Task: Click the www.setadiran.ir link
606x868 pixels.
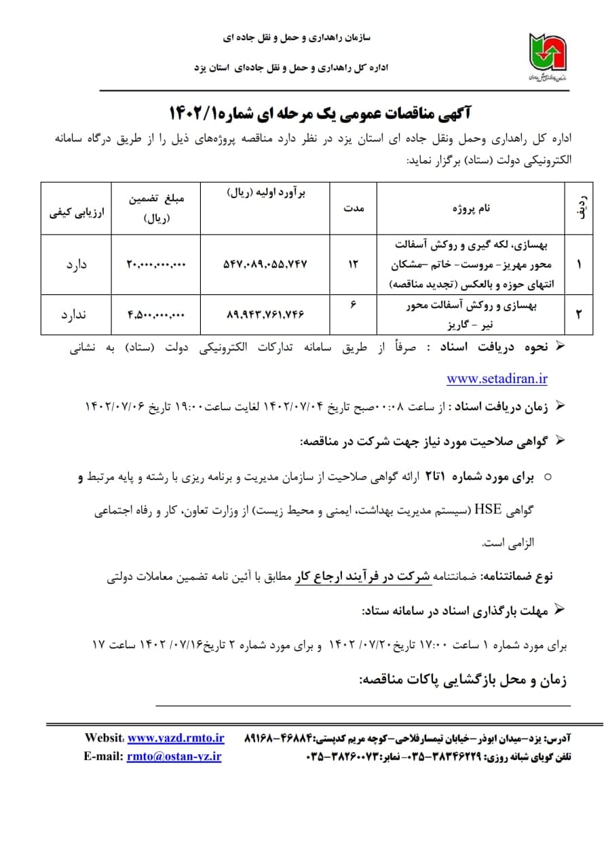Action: click(x=497, y=378)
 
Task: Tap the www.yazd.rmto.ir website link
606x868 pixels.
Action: click(x=176, y=738)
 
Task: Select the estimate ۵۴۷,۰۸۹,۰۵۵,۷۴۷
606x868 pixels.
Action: click(x=265, y=264)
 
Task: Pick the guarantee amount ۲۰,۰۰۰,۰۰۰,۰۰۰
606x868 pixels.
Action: click(x=155, y=264)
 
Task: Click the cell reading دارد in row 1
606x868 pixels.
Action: click(x=76, y=264)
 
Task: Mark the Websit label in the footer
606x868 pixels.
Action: click(x=104, y=738)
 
